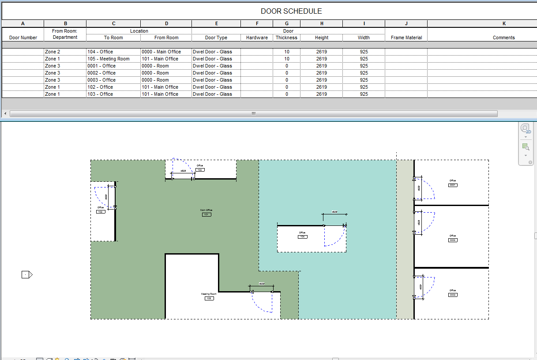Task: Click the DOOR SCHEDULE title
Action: (291, 11)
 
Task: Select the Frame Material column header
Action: (406, 37)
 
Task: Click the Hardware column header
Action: (257, 37)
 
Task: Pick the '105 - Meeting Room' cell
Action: (109, 59)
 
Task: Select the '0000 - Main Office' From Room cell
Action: (161, 52)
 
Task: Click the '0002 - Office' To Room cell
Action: (101, 73)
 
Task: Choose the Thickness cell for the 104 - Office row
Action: (287, 52)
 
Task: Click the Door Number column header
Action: (23, 37)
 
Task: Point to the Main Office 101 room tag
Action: (207, 214)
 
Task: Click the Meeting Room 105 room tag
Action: (209, 298)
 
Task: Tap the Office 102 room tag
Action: (101, 212)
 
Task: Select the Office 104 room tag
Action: (302, 236)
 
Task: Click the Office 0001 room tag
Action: (453, 185)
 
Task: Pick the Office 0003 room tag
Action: (453, 295)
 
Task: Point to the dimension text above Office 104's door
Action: (334, 212)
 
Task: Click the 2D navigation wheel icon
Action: (525, 128)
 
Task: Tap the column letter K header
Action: (504, 23)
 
